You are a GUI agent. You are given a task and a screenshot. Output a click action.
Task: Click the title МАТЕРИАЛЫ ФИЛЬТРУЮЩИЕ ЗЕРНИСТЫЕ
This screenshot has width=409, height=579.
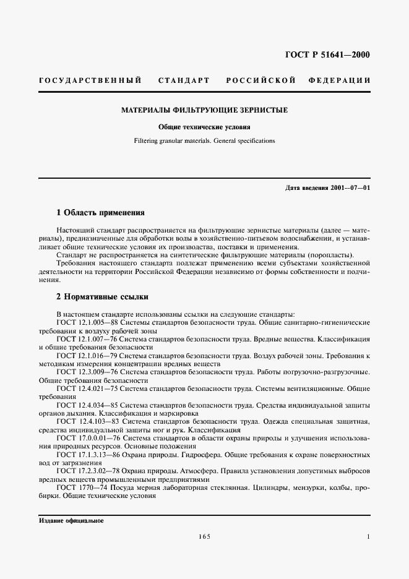pyautogui.click(x=204, y=110)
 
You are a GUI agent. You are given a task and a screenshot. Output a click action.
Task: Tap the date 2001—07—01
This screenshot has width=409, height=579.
pyautogui.click(x=350, y=187)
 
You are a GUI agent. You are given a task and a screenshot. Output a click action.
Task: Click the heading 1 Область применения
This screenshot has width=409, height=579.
pyautogui.click(x=100, y=213)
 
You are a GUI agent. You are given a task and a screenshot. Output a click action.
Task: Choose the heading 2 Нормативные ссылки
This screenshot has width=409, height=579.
pyautogui.click(x=102, y=297)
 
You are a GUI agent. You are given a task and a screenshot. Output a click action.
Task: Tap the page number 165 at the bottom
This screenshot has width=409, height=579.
pyautogui.click(x=205, y=537)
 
